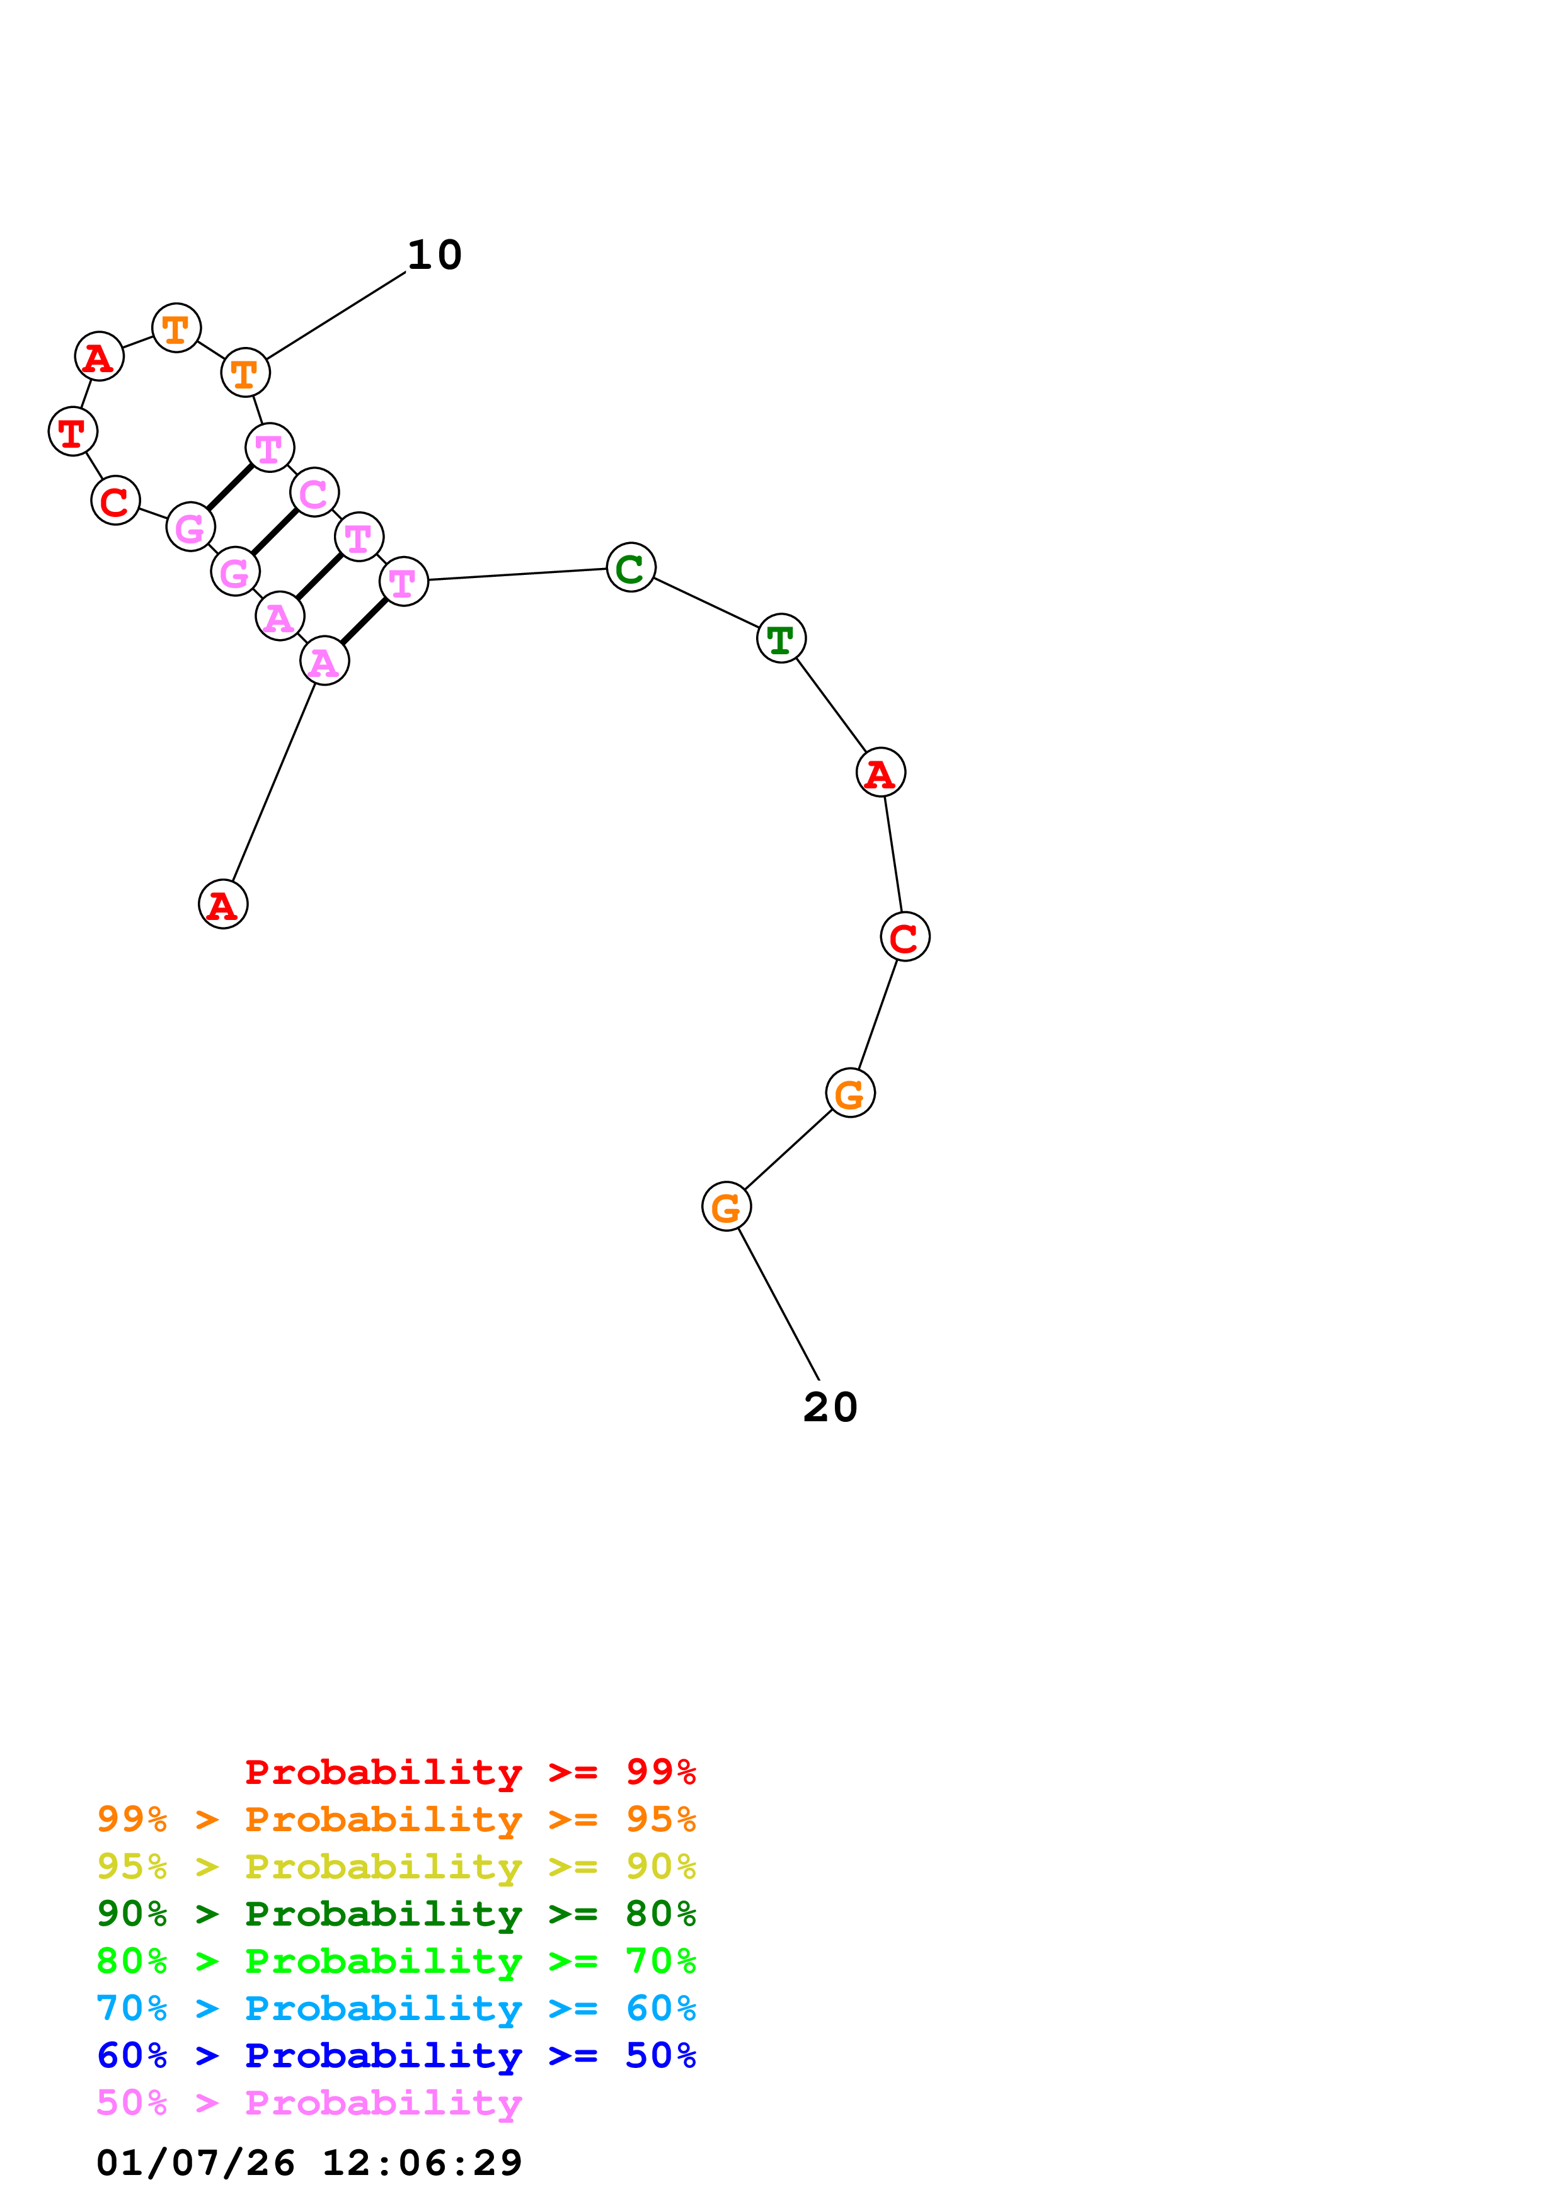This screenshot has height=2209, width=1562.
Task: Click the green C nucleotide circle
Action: pyautogui.click(x=630, y=567)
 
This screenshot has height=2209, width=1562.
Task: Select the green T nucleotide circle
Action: pyautogui.click(x=781, y=638)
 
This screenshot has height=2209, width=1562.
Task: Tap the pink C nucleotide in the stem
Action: pyautogui.click(x=314, y=492)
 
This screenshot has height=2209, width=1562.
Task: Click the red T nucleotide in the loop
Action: pyautogui.click(x=72, y=432)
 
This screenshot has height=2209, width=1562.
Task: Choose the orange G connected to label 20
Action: pyautogui.click(x=726, y=1207)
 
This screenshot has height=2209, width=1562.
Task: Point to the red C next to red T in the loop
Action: pyautogui.click(x=115, y=500)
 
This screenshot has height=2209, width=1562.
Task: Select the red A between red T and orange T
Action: pyautogui.click(x=99, y=357)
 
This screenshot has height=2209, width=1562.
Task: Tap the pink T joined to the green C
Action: pyautogui.click(x=403, y=582)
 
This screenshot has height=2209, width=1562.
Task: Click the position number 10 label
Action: pyautogui.click(x=435, y=255)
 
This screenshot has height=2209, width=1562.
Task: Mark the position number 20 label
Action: pyautogui.click(x=830, y=1407)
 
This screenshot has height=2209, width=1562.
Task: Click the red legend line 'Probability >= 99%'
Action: pyautogui.click(x=469, y=1771)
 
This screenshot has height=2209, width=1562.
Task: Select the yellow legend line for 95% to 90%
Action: pyautogui.click(x=396, y=1866)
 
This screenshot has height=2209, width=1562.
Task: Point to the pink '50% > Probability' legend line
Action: pyautogui.click(x=309, y=2102)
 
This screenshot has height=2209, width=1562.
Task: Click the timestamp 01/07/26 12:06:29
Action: pyautogui.click(x=309, y=2162)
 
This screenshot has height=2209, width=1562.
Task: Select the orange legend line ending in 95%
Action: pyautogui.click(x=396, y=1819)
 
